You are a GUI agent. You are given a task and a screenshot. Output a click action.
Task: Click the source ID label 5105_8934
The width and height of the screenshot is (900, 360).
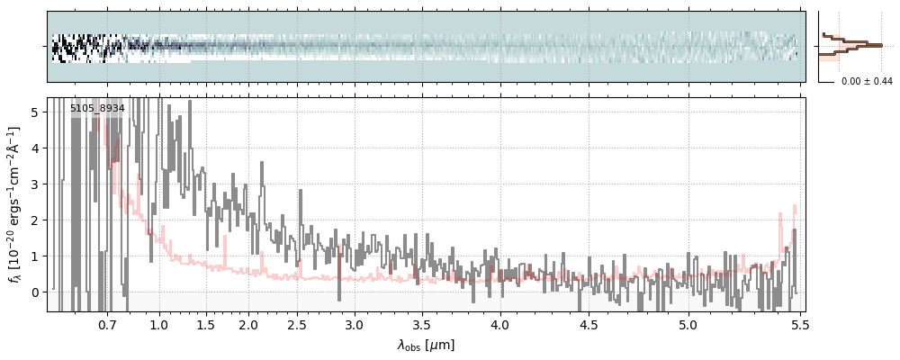click(x=97, y=108)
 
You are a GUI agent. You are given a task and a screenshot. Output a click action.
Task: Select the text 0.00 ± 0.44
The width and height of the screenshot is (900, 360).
click(x=867, y=82)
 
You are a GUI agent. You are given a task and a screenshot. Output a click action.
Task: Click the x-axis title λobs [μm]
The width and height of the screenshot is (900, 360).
click(x=426, y=345)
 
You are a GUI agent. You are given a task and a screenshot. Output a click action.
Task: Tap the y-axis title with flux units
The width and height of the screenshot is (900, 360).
click(x=13, y=204)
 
